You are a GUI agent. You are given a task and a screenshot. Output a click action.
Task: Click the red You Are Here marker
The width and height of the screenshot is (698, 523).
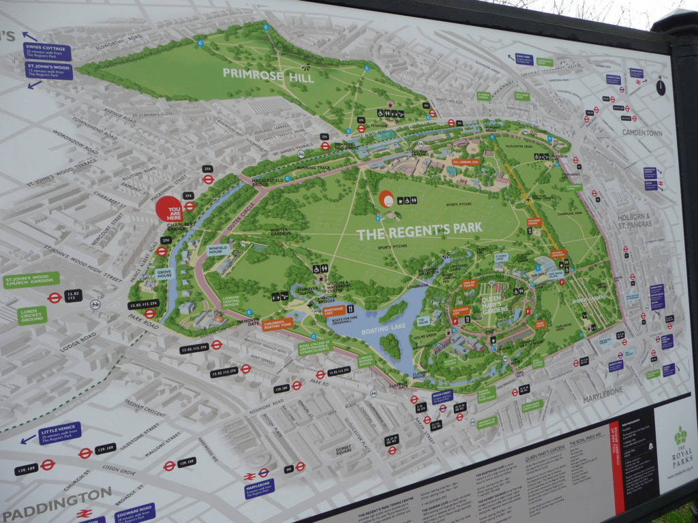(x=170, y=209)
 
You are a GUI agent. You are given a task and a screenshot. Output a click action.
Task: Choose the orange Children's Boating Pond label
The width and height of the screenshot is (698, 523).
(x=277, y=324)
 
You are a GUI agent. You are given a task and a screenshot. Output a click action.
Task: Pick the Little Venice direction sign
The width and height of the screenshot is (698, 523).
(x=59, y=432)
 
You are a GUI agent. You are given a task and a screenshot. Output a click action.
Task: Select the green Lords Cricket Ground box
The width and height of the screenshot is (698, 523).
(x=32, y=315)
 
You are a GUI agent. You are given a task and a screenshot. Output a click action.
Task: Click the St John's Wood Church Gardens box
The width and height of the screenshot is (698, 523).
(x=31, y=280)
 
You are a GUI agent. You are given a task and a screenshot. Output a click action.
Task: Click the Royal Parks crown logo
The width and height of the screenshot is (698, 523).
(x=680, y=435)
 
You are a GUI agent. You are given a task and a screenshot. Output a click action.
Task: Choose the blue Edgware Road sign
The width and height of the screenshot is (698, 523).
(x=134, y=513)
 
